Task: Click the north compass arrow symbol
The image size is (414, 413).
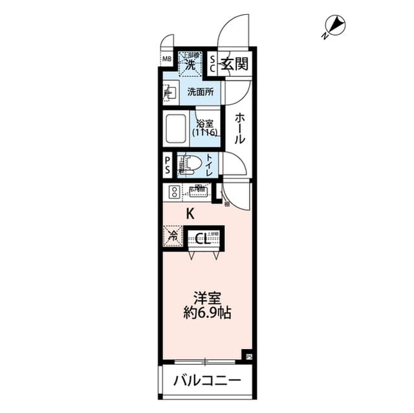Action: click(334, 26)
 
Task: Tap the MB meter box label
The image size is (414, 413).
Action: click(167, 60)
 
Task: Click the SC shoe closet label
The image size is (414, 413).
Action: click(213, 63)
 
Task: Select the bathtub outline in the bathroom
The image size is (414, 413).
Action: click(176, 129)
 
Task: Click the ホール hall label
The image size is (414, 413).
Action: click(239, 129)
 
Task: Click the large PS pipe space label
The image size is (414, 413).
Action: click(168, 165)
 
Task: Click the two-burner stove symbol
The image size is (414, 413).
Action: click(175, 191)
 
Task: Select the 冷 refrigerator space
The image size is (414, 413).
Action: click(173, 236)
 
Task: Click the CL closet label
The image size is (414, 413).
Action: click(201, 238)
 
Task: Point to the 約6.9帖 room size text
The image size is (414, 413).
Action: click(208, 314)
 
